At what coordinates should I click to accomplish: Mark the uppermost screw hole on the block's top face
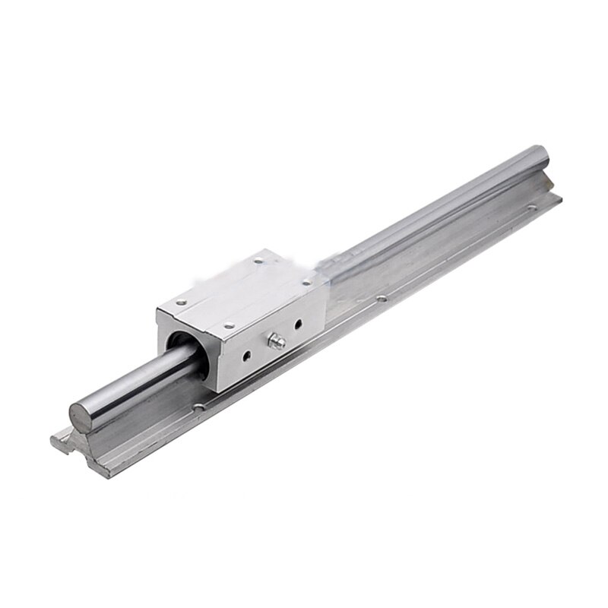point(258,261)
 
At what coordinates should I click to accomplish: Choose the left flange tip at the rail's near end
point(53,441)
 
